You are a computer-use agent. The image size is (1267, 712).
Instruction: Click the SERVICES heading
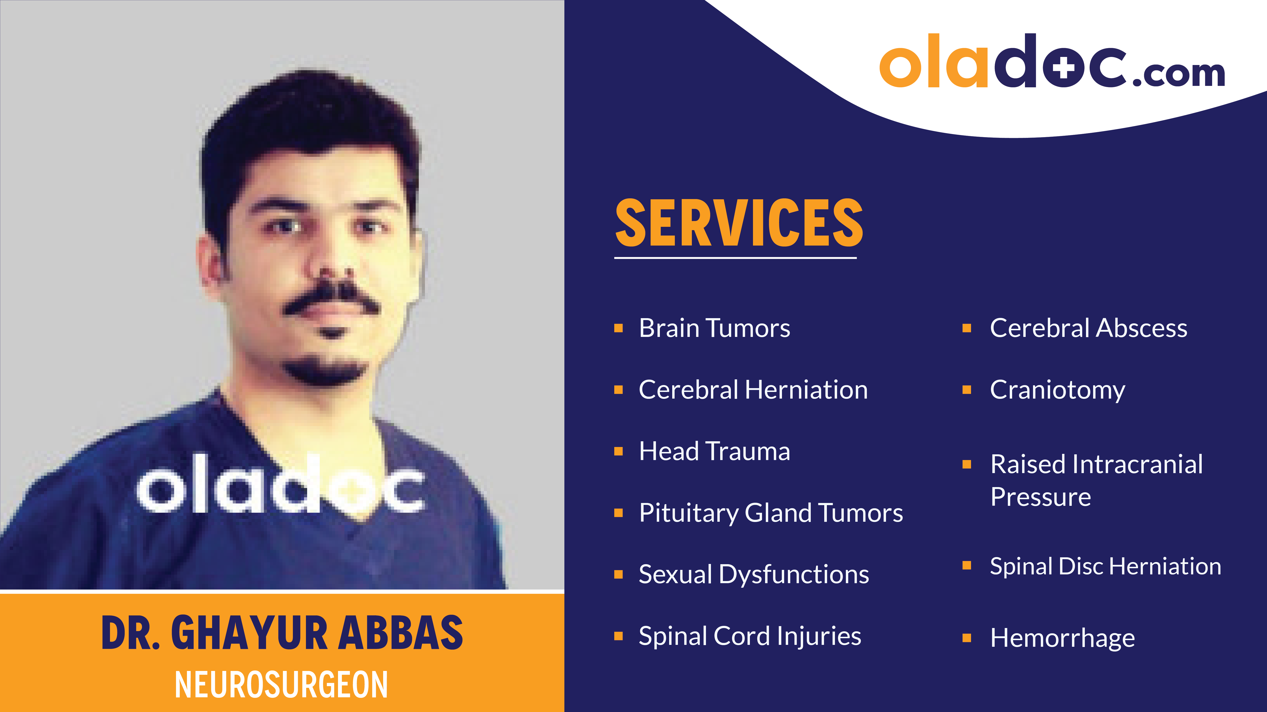coord(739,223)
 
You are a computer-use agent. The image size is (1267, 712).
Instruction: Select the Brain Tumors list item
coord(714,328)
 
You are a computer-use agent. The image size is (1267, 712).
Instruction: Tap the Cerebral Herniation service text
coord(753,390)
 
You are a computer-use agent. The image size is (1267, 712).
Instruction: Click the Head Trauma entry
coord(714,451)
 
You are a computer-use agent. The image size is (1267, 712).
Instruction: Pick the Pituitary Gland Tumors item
coord(771,513)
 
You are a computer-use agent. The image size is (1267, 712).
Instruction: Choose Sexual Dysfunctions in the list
coord(753,574)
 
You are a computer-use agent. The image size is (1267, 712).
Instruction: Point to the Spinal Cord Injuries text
coord(750,636)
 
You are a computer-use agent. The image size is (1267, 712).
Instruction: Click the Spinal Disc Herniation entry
coord(1105,566)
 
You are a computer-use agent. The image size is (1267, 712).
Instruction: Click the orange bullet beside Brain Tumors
coord(619,328)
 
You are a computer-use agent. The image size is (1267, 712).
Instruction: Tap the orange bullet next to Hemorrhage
coord(967,638)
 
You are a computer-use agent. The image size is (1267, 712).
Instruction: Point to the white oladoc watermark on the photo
coord(280,484)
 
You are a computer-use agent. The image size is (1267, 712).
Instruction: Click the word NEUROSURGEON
coord(281,684)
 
